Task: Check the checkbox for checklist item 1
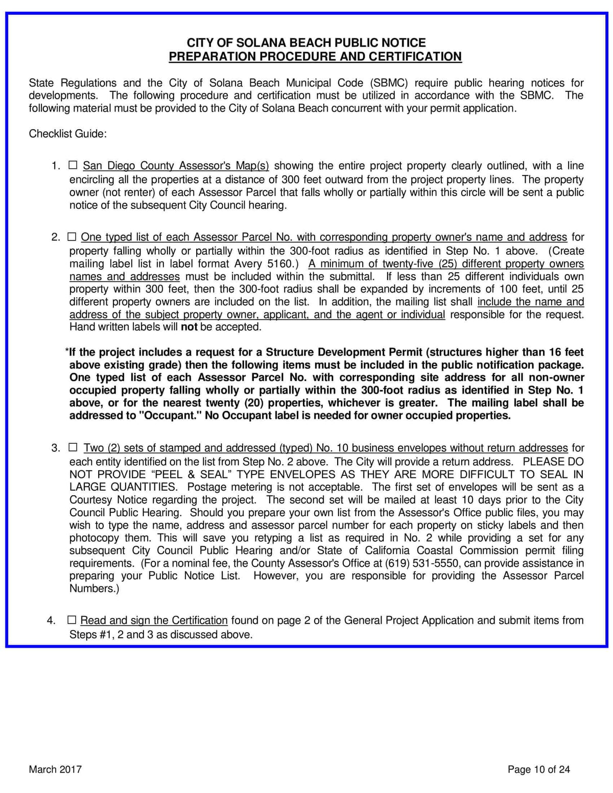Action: coord(73,165)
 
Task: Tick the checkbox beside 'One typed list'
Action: coord(72,236)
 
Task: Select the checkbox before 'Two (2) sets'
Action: coord(73,447)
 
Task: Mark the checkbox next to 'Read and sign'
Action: coord(72,620)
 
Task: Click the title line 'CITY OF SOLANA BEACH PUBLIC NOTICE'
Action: coord(306,43)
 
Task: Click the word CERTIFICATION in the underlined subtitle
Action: coord(415,57)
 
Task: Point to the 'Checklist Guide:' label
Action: coord(67,134)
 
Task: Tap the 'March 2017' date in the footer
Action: coord(55,770)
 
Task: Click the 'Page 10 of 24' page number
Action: coord(538,770)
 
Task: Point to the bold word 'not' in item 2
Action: coord(189,327)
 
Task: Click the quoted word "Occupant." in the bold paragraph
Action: coord(171,416)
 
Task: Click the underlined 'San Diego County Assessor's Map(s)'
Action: coord(176,166)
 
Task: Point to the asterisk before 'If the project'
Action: coord(67,351)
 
